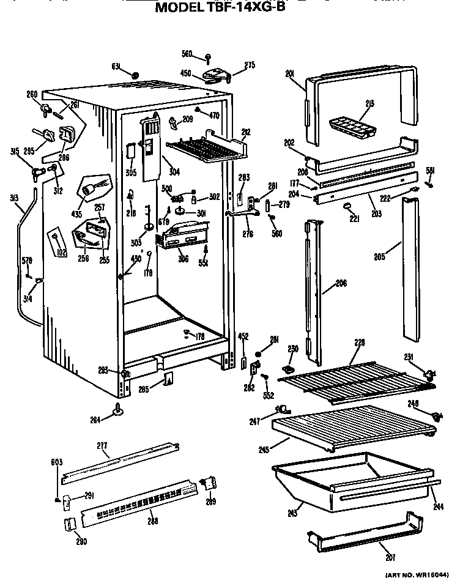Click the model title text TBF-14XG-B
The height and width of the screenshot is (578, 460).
(x=220, y=9)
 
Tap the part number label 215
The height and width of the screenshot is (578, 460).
(x=370, y=103)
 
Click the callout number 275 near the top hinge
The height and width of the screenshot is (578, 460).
(x=250, y=65)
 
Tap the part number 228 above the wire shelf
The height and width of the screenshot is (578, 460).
(x=359, y=343)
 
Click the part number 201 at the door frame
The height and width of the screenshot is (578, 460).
(x=290, y=74)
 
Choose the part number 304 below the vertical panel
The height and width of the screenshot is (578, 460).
(x=174, y=172)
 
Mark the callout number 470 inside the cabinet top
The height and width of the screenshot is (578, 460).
(x=213, y=114)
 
